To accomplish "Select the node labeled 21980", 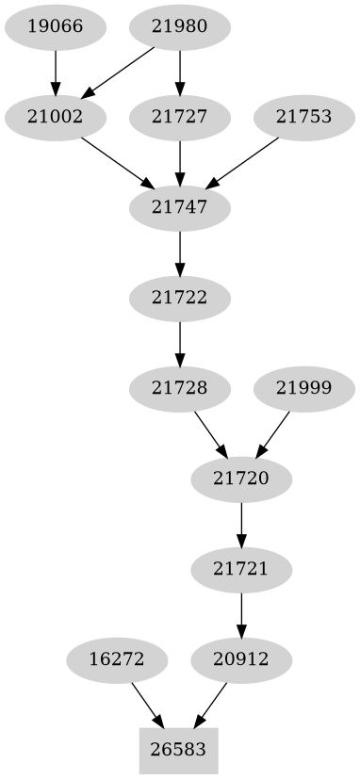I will (x=179, y=26).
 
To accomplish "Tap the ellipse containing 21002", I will (x=55, y=118).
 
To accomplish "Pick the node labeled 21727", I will (x=179, y=118).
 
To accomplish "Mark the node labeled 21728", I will (x=179, y=387).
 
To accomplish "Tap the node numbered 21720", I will (x=241, y=479).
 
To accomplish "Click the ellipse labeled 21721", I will (x=241, y=569).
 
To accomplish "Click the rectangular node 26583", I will (x=179, y=751).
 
